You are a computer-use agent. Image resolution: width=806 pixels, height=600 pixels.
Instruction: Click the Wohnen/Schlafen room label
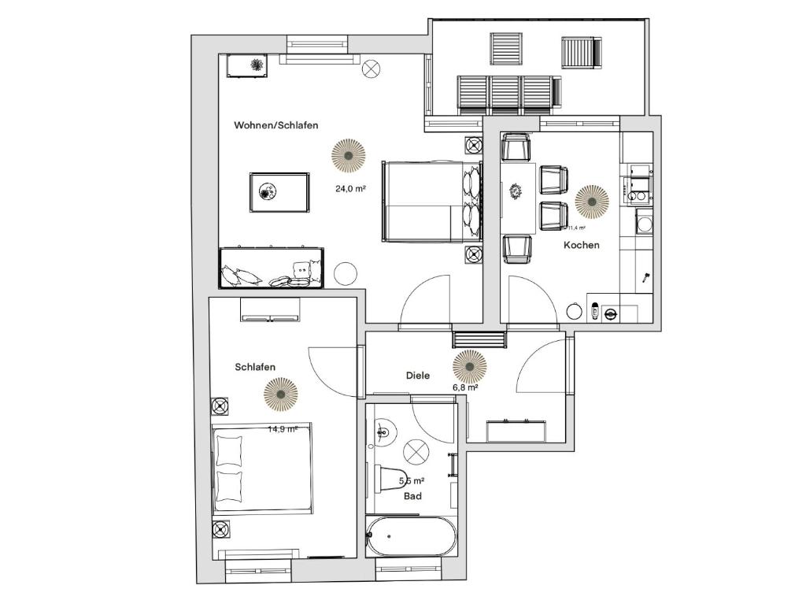tap(275, 125)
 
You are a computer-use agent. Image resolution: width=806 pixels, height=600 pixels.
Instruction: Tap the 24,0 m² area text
tap(350, 188)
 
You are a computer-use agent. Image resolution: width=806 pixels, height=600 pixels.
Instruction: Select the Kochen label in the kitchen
tap(581, 245)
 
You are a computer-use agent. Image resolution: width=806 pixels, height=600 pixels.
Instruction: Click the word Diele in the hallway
tap(418, 376)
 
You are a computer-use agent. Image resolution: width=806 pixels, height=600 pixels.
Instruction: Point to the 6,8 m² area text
tap(464, 387)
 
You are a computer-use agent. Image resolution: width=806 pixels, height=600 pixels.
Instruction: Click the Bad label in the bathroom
tap(412, 496)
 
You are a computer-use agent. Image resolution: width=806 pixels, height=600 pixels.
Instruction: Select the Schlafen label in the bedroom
tap(255, 367)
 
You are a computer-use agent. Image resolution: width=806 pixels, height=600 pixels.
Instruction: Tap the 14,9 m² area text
tap(282, 429)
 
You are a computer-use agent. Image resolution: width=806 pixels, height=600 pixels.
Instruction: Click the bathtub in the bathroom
tap(411, 537)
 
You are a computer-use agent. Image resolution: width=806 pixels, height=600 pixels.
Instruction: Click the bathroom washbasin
tap(383, 432)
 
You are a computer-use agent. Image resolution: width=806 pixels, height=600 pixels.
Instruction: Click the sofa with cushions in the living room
tap(271, 268)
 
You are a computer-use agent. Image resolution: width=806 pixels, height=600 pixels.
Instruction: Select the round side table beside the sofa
tap(346, 274)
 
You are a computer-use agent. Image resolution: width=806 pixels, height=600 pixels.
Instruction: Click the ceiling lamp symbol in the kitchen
tap(591, 201)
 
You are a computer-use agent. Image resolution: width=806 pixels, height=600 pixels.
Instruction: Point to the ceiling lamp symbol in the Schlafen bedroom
tap(281, 394)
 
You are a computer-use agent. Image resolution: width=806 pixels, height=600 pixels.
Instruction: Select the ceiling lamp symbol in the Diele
tap(470, 365)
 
